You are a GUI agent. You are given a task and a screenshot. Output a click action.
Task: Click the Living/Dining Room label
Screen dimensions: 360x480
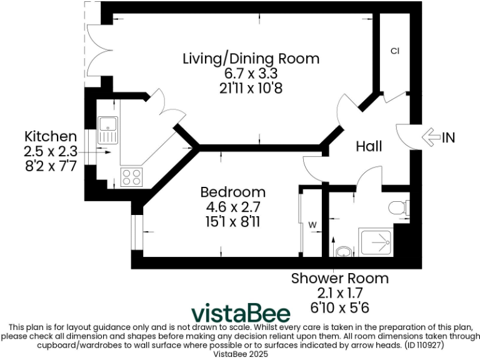point(251,59)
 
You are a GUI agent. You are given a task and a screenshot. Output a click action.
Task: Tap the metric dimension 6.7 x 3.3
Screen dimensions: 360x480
point(251,74)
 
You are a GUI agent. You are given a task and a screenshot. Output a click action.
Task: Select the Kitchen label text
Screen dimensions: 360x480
point(50,136)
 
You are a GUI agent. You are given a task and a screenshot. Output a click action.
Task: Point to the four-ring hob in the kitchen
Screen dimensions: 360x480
point(131,177)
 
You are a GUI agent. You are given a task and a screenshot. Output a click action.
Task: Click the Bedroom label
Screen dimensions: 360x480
point(232,192)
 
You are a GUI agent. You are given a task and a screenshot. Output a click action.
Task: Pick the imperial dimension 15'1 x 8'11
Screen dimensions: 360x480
point(232,221)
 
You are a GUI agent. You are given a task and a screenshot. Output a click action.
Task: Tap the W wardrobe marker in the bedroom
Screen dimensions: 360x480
point(312,224)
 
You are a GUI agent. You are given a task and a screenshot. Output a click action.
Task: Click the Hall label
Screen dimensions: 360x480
point(369,146)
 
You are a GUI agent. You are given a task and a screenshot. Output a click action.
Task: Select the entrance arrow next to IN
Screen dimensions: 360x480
point(431,137)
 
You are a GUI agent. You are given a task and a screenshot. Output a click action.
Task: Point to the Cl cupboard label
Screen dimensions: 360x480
point(394,51)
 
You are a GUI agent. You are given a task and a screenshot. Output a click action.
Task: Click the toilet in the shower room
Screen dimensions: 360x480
point(398,207)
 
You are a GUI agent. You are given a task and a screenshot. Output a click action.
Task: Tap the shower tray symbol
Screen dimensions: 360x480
point(375,242)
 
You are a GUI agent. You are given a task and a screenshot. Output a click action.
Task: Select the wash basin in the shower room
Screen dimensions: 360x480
point(343,252)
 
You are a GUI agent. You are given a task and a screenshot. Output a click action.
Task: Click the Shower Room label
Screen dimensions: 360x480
point(339,278)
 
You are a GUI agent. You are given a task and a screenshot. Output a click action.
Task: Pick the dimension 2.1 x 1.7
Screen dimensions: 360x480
point(339,292)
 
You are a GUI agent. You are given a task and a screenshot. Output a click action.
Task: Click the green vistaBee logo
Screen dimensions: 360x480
point(240,312)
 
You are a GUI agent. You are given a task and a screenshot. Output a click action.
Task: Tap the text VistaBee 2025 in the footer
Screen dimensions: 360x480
point(240,354)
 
